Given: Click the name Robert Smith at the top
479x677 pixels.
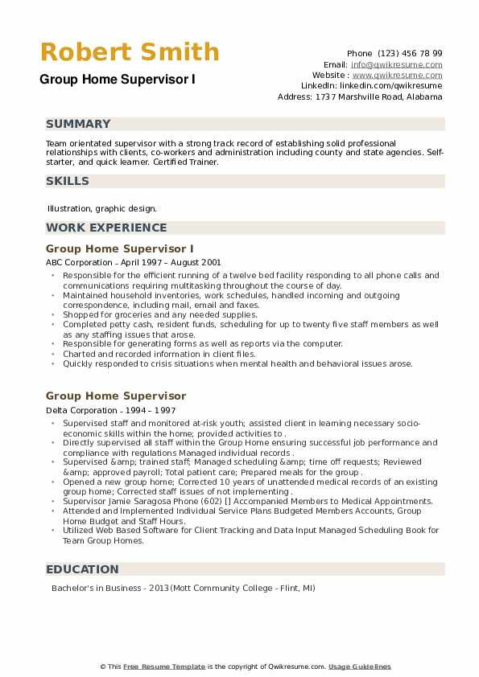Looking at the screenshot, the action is (x=130, y=52).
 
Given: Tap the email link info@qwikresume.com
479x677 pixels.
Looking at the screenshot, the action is (x=396, y=64).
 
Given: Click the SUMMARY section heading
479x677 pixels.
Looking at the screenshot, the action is (x=78, y=124).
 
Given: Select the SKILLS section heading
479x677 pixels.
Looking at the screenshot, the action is (x=68, y=181).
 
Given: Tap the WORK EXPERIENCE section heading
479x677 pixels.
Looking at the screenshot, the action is (x=106, y=228).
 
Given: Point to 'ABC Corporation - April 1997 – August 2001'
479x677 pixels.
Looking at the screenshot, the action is (x=134, y=262).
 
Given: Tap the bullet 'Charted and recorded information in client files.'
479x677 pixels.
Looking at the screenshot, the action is (x=159, y=354).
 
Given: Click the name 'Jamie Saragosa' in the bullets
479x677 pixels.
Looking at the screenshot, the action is (x=131, y=501).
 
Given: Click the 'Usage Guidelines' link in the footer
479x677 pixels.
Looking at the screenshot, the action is (x=359, y=667).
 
